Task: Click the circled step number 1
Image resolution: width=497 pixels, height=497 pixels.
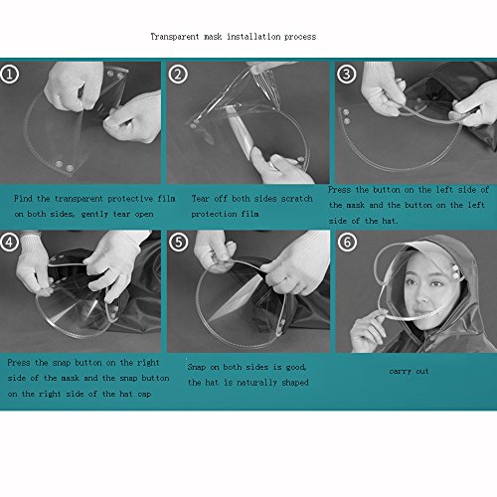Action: click(x=9, y=75)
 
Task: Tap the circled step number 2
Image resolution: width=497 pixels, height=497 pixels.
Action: click(x=178, y=75)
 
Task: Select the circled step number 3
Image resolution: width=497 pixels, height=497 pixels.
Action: click(x=347, y=74)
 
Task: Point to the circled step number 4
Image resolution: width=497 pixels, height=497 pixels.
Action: click(x=9, y=242)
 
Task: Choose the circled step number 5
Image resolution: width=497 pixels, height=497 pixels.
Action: click(x=179, y=242)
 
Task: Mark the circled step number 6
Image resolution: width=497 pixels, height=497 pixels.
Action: click(x=347, y=242)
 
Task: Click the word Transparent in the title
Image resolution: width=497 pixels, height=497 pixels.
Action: click(x=175, y=37)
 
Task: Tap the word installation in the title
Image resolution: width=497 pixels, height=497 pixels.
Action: click(x=253, y=36)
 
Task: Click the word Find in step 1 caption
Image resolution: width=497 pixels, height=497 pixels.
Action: click(x=23, y=199)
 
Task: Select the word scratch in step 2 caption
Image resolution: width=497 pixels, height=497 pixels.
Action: click(x=297, y=199)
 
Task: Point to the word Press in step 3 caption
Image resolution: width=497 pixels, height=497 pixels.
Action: click(x=339, y=190)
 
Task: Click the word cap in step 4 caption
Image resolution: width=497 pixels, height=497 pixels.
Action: click(x=144, y=394)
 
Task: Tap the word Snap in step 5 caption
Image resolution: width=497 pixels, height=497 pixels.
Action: click(x=197, y=367)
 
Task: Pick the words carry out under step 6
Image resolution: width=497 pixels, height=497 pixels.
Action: click(x=409, y=371)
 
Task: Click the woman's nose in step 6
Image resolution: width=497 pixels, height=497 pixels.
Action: click(x=422, y=296)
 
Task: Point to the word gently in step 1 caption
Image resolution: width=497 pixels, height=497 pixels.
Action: click(x=94, y=214)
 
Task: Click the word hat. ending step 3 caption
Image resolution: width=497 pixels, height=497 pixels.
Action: click(x=390, y=221)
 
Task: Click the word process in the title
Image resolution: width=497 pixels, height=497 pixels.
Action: click(x=300, y=37)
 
